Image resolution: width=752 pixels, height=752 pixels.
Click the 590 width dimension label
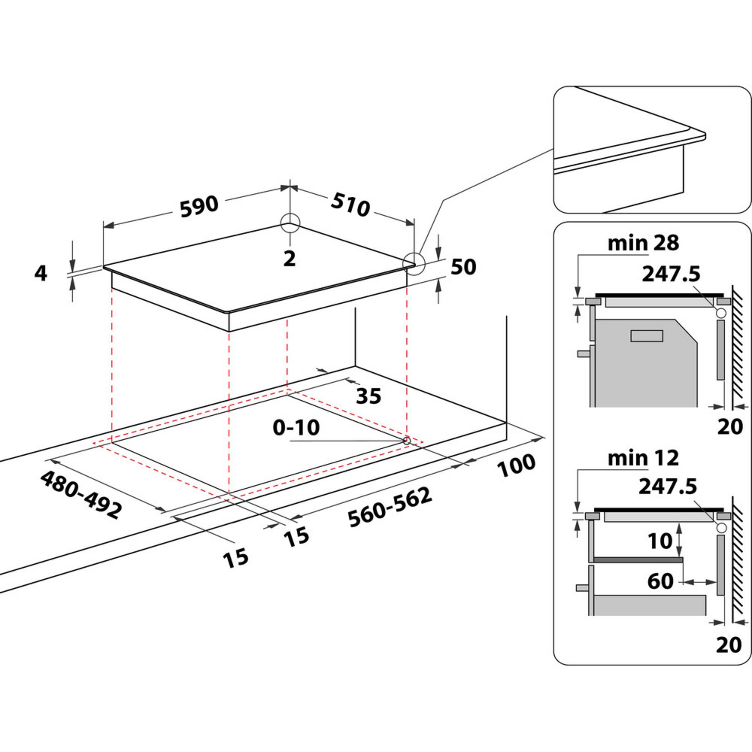pos(199,205)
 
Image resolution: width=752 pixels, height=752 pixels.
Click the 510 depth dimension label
pos(350,205)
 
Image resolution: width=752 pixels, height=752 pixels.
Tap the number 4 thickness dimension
pos(40,274)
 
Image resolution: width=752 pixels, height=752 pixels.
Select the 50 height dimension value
pos(463,267)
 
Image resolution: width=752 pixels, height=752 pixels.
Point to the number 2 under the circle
pos(290,259)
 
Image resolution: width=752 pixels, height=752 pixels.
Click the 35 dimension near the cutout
pos(368,396)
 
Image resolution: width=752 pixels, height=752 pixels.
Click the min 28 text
pos(643,243)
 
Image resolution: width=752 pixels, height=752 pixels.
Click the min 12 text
pos(643,459)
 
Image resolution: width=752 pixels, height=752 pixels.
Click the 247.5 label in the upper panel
pos(670,274)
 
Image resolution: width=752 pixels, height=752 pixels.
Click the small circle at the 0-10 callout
pos(406,441)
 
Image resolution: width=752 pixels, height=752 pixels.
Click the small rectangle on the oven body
pos(647,336)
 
